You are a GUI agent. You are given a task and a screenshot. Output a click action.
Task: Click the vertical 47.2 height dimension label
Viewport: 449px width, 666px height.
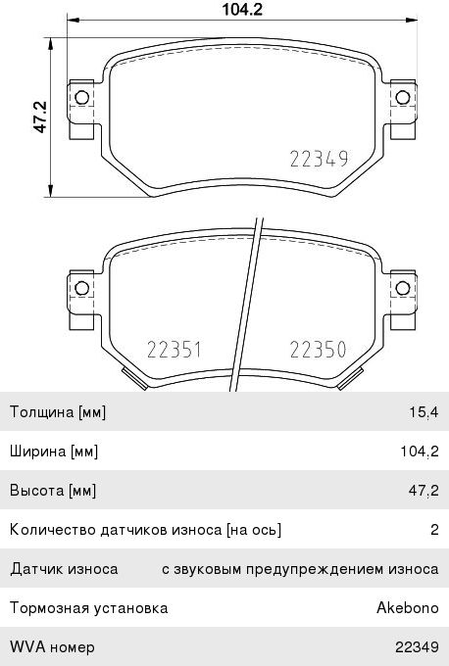tap(40, 115)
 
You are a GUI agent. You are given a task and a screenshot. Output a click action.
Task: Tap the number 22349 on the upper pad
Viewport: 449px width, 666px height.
tap(320, 160)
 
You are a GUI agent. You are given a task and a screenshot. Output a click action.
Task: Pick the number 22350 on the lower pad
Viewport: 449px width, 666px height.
tap(320, 349)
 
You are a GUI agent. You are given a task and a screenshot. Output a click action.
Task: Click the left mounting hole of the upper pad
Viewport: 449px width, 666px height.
tap(81, 97)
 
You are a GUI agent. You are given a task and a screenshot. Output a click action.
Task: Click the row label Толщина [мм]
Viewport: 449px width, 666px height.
tap(57, 412)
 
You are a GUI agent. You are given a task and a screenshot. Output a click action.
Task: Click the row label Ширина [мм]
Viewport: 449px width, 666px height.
tap(54, 452)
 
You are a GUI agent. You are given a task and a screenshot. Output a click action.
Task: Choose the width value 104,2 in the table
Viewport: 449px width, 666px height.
tap(417, 452)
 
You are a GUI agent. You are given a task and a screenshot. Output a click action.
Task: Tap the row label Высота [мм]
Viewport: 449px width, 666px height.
tap(53, 491)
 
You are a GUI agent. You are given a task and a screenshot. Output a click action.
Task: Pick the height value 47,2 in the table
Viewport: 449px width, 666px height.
tap(421, 491)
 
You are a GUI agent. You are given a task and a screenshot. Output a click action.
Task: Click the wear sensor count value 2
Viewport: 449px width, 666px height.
tap(433, 530)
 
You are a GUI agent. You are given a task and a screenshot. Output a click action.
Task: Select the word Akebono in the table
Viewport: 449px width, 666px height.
tap(407, 608)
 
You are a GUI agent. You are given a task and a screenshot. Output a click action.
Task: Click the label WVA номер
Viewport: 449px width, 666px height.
tap(51, 647)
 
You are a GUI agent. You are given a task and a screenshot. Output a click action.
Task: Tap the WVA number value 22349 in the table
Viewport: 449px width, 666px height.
tap(416, 647)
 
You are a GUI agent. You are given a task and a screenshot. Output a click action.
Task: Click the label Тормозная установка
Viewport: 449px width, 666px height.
tap(88, 608)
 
